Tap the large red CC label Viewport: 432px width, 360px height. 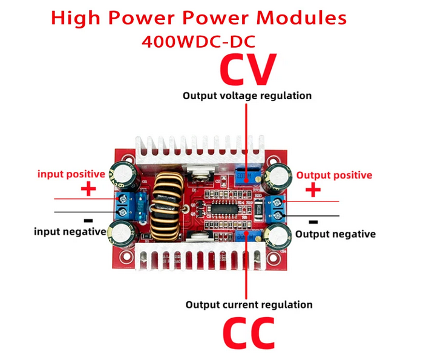pyautogui.click(x=248, y=332)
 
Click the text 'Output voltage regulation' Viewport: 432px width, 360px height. pyautogui.click(x=247, y=96)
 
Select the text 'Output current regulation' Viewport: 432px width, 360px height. pyautogui.click(x=249, y=304)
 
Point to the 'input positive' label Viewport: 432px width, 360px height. pyautogui.click(x=71, y=174)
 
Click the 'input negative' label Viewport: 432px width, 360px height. pyautogui.click(x=66, y=231)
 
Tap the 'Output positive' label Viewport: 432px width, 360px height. pyautogui.click(x=333, y=175)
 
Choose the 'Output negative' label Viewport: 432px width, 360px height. pyautogui.click(x=335, y=234)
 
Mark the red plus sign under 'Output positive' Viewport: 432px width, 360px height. pyautogui.click(x=313, y=191)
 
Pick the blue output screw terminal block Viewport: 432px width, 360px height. pyautogui.click(x=279, y=206)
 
